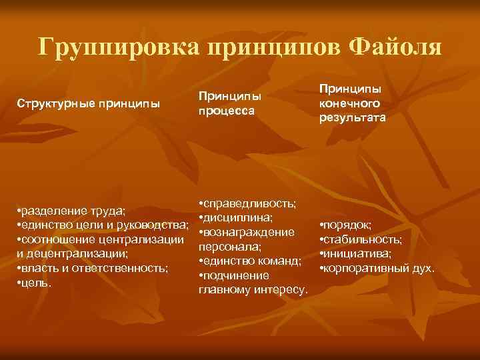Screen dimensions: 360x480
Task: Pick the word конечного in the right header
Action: tap(350, 103)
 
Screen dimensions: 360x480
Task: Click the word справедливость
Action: tap(251, 203)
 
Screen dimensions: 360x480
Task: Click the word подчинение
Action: tap(237, 275)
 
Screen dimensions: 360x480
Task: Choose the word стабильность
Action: tap(363, 239)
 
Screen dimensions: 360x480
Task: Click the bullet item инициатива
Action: tap(358, 254)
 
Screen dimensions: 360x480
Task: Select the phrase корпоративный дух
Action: tap(379, 269)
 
